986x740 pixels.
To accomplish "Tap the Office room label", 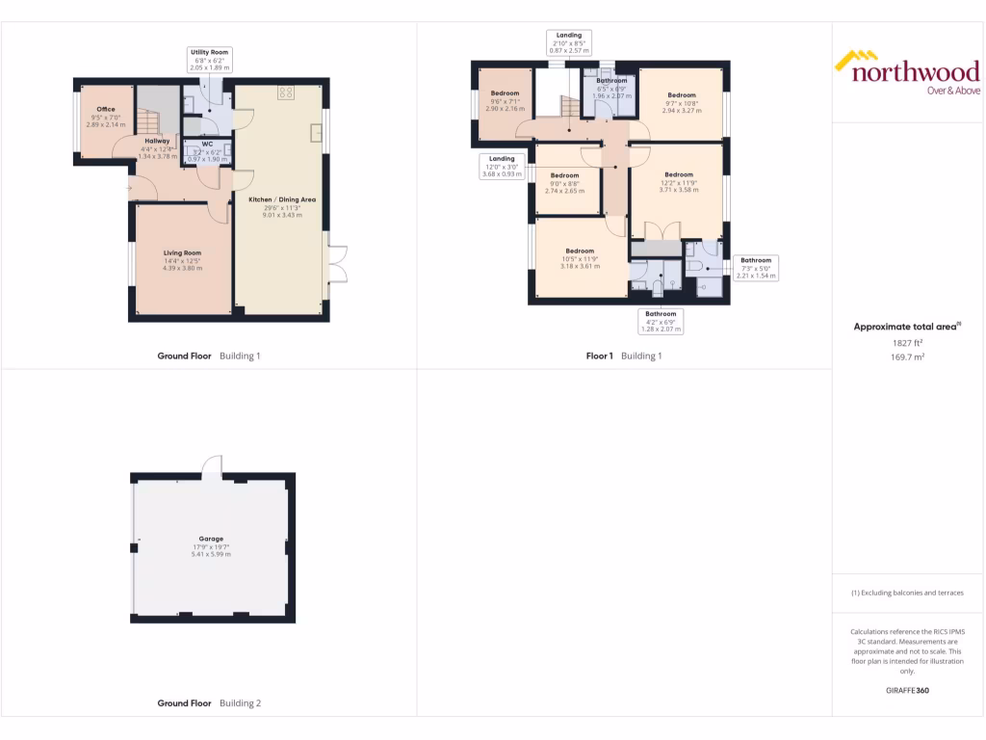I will click(106, 110).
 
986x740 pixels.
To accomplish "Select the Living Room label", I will click(182, 253).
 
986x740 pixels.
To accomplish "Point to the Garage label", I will click(211, 540).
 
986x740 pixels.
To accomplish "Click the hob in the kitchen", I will click(286, 92).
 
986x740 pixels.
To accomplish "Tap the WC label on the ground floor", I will click(207, 145).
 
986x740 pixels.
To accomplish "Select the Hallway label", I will click(157, 141).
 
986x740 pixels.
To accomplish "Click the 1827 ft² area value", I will click(906, 342).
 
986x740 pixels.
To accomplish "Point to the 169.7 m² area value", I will click(906, 357).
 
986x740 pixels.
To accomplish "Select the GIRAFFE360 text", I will click(907, 690).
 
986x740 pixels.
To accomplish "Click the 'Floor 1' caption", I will click(600, 356).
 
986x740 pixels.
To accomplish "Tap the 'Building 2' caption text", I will click(240, 703).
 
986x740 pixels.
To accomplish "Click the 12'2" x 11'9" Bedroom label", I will click(678, 175).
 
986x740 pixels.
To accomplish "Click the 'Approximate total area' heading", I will click(906, 327).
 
